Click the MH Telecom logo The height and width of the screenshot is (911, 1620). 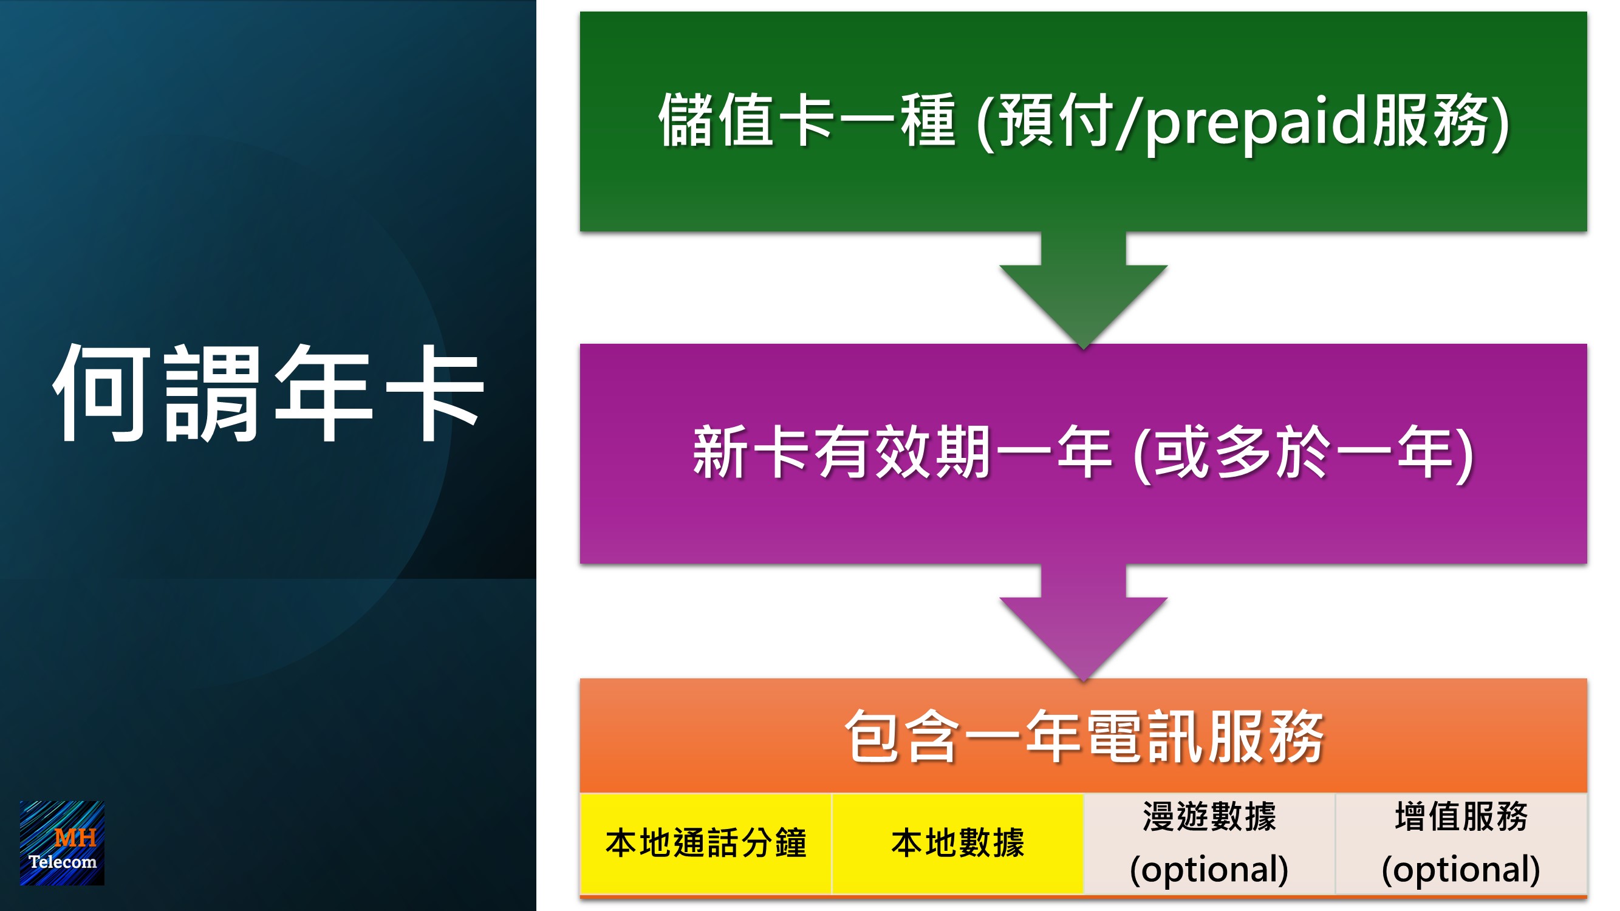(x=61, y=843)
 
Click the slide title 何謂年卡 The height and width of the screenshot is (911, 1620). (x=269, y=393)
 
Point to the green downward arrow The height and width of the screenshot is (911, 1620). (x=1083, y=290)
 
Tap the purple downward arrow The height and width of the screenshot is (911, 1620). (x=1083, y=622)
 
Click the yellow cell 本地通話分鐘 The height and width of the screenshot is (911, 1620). (x=706, y=843)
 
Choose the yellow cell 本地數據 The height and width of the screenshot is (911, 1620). (x=958, y=843)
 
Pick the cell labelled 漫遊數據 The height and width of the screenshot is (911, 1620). (x=1209, y=843)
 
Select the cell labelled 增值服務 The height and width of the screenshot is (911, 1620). (x=1461, y=843)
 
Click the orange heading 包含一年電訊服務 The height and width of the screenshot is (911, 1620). (x=1084, y=736)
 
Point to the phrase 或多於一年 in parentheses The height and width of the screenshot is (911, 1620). (x=1305, y=452)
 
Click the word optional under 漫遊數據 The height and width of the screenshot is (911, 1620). (x=1209, y=870)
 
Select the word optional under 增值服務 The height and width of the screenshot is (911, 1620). (x=1460, y=870)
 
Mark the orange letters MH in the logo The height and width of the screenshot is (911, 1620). (x=75, y=838)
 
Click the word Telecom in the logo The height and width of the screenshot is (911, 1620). (x=62, y=861)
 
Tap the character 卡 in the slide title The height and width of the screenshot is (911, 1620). (x=435, y=393)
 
